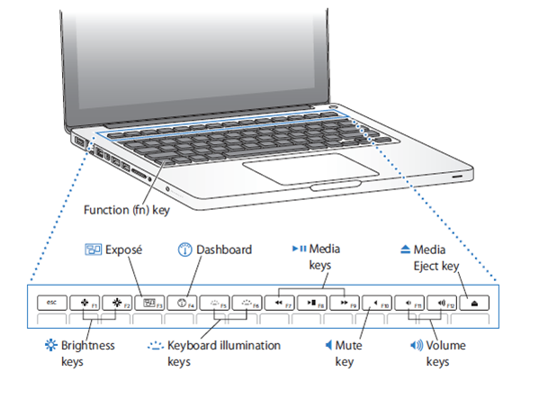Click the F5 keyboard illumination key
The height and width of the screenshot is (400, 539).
click(213, 303)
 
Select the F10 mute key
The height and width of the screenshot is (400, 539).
click(378, 303)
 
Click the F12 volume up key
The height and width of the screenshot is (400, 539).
click(443, 303)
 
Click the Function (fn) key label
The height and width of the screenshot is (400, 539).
click(126, 210)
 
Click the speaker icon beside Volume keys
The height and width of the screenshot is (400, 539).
click(417, 345)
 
